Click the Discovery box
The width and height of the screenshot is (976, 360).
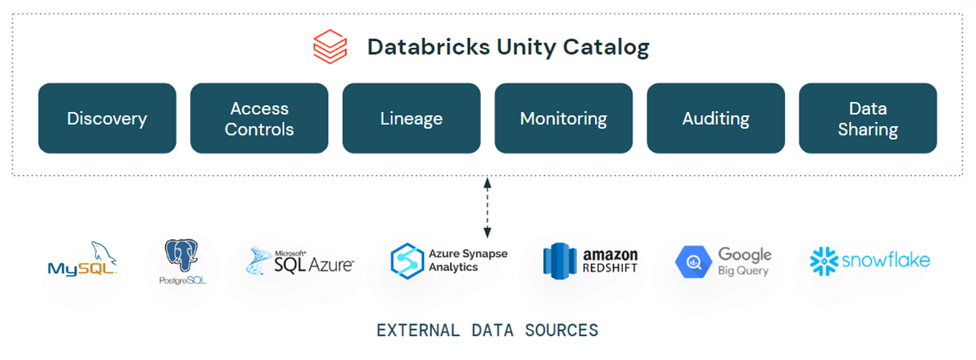coord(107,119)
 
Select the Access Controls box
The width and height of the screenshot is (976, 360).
coord(259,119)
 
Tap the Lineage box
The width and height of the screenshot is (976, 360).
coord(411,119)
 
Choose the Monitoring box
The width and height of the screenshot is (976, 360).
coord(563,119)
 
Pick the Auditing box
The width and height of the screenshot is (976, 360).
coord(715,119)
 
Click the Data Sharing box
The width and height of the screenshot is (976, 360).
coord(867,119)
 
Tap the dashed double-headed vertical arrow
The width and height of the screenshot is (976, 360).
coord(487,208)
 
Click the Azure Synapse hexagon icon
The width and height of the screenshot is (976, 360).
coord(405,261)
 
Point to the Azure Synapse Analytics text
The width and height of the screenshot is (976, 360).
coord(468,261)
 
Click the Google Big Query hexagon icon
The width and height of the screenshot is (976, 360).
coord(693,262)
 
